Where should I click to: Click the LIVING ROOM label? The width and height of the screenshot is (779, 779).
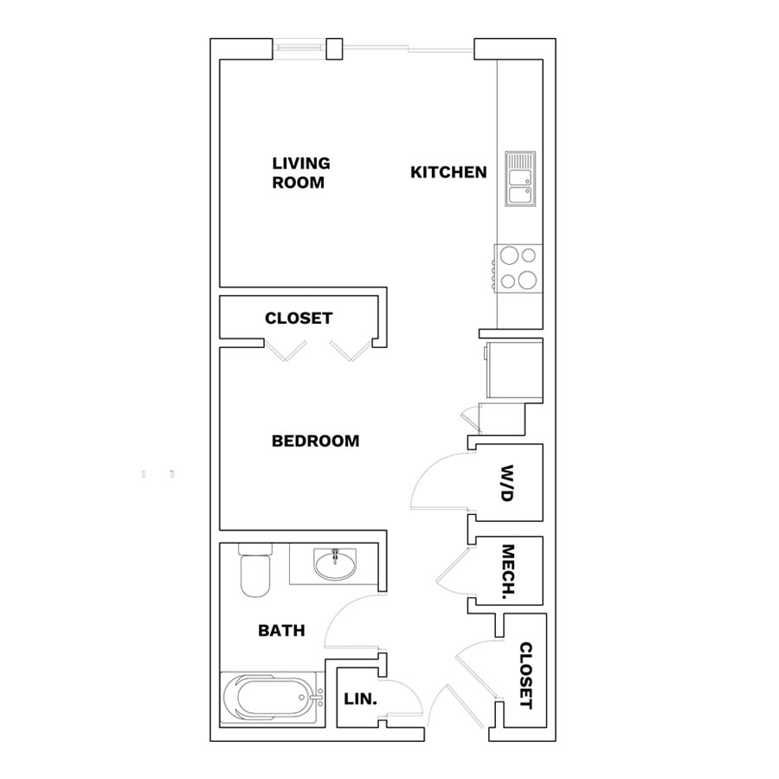click(x=301, y=173)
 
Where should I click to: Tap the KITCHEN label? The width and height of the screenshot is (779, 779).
click(x=448, y=172)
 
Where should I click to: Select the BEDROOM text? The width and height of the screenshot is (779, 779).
click(x=315, y=441)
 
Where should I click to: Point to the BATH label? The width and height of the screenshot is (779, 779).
click(x=281, y=630)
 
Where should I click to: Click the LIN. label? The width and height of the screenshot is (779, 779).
click(x=360, y=699)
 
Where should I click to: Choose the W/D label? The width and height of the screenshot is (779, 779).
click(x=506, y=483)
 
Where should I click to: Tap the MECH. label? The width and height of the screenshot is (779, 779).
click(x=507, y=572)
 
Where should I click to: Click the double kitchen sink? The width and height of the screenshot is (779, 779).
click(x=520, y=179)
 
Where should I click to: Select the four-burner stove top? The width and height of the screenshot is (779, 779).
click(x=518, y=269)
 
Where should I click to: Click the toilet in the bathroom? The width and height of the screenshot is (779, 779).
click(x=255, y=570)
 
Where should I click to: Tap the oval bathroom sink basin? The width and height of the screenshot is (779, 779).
click(x=335, y=565)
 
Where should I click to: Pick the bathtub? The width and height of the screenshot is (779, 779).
click(x=271, y=698)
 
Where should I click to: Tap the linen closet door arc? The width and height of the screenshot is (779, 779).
click(x=410, y=691)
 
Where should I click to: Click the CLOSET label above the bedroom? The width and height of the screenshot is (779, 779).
click(x=299, y=318)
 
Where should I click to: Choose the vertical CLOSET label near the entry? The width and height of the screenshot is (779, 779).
click(x=525, y=676)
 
